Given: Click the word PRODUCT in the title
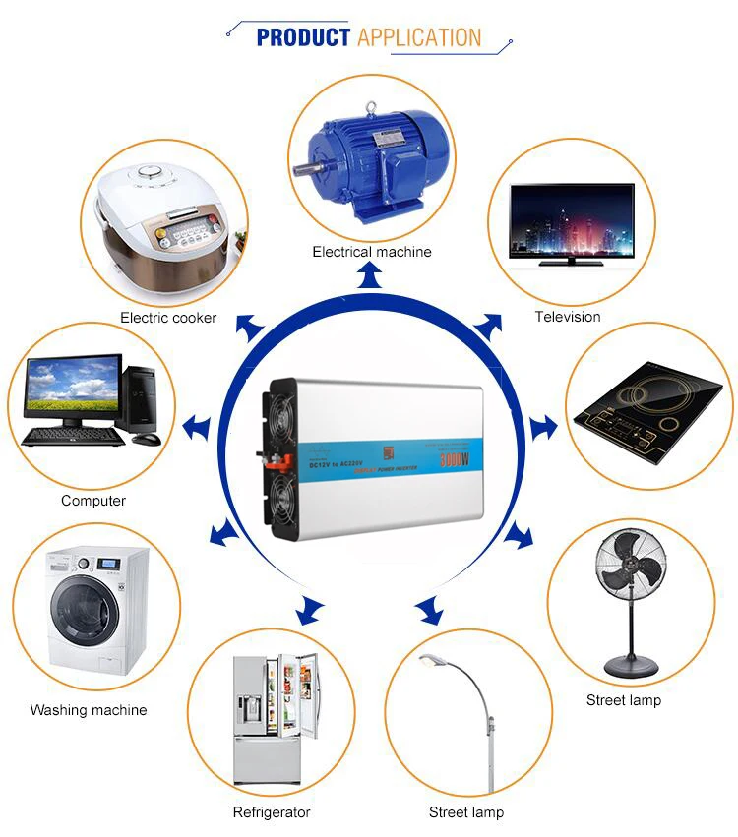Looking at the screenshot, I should [x=303, y=38].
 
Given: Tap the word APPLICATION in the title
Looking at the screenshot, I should [x=419, y=38].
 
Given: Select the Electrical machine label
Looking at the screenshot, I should [x=371, y=252].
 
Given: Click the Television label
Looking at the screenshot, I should [x=567, y=317].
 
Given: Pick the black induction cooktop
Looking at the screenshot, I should [x=649, y=402].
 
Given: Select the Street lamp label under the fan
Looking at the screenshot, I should [x=623, y=700].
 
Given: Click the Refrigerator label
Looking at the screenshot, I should [x=271, y=812].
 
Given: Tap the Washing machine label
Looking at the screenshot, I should [x=89, y=710].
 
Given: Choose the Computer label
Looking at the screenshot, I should [x=93, y=501].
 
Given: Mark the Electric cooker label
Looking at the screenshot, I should [x=168, y=318].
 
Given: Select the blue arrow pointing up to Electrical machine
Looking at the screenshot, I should [x=371, y=278].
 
